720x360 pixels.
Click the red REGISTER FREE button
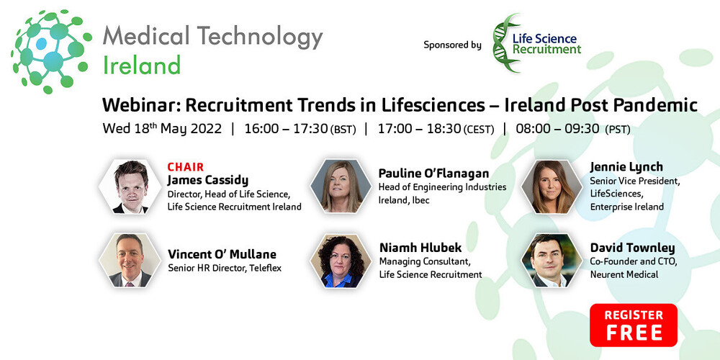633,325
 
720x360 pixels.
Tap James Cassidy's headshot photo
128,186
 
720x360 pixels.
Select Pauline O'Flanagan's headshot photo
340,186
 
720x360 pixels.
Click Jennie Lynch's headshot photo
552,186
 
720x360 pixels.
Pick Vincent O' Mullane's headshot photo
128,260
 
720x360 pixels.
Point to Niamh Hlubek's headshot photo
340,260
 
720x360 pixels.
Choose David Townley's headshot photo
552,260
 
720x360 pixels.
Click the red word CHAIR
186,167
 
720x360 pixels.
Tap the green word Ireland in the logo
141,66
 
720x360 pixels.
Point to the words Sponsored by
452,45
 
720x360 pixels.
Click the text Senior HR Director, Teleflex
224,269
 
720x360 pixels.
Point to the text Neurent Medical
624,274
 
